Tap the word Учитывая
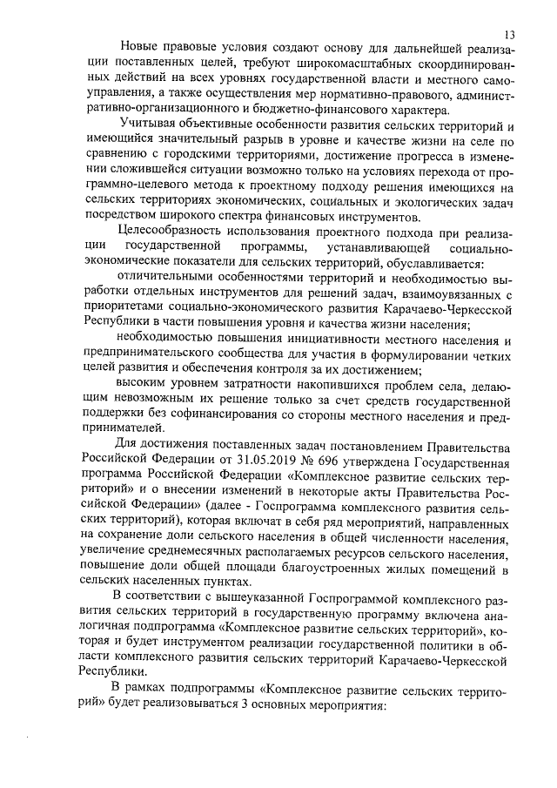click(x=149, y=126)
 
